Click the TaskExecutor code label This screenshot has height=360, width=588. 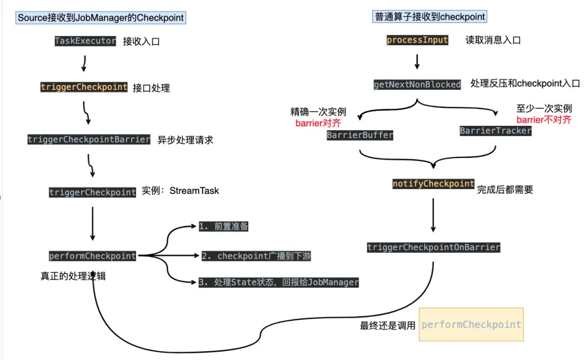pyautogui.click(x=85, y=41)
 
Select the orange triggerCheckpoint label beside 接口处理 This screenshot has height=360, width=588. pyautogui.click(x=84, y=87)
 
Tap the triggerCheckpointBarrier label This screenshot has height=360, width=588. pyautogui.click(x=89, y=139)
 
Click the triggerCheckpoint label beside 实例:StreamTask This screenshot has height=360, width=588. pyautogui.click(x=93, y=192)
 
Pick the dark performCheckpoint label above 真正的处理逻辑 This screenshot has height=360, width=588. pyautogui.click(x=93, y=256)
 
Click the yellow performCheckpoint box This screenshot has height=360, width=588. pyautogui.click(x=471, y=325)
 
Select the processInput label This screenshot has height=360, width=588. pyautogui.click(x=418, y=40)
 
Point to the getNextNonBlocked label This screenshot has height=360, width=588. pyautogui.click(x=417, y=84)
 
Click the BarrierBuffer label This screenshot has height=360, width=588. pyautogui.click(x=360, y=135)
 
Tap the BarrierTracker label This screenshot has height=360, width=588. pyautogui.click(x=495, y=131)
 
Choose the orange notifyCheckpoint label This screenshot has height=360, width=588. pyautogui.click(x=433, y=184)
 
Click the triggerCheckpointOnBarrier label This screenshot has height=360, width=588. pyautogui.click(x=433, y=247)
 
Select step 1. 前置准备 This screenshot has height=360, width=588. pyautogui.click(x=224, y=227)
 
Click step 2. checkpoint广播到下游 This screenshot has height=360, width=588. pyautogui.click(x=256, y=256)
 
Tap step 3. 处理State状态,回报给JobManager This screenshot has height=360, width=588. pyautogui.click(x=278, y=282)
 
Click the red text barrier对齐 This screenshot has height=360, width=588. pyautogui.click(x=318, y=123)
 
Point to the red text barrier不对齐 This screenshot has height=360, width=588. pyautogui.click(x=544, y=120)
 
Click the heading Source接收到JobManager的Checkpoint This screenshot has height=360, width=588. pyautogui.click(x=101, y=18)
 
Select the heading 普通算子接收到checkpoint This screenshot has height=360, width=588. pyautogui.click(x=430, y=17)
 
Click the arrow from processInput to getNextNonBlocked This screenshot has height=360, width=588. pyautogui.click(x=417, y=60)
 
